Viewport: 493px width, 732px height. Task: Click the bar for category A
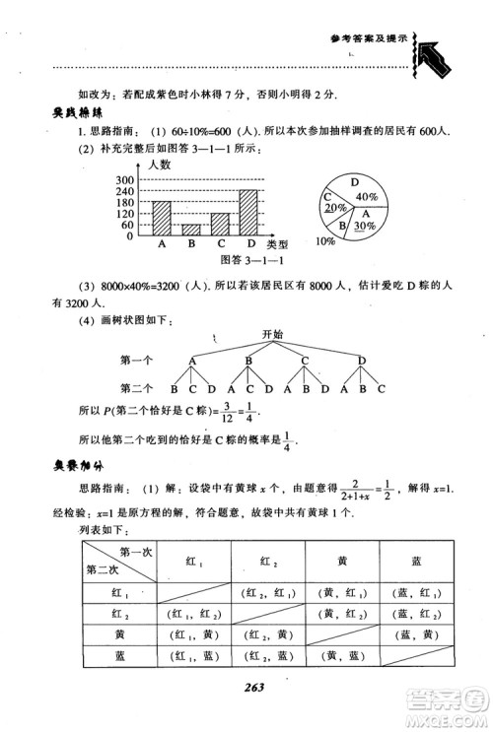click(162, 217)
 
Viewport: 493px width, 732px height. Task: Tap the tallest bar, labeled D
click(248, 211)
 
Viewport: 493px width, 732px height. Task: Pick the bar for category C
click(220, 224)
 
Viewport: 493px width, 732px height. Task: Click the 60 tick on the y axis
click(128, 225)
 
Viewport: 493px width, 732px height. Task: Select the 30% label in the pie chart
click(363, 225)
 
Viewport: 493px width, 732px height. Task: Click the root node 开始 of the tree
click(272, 335)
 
